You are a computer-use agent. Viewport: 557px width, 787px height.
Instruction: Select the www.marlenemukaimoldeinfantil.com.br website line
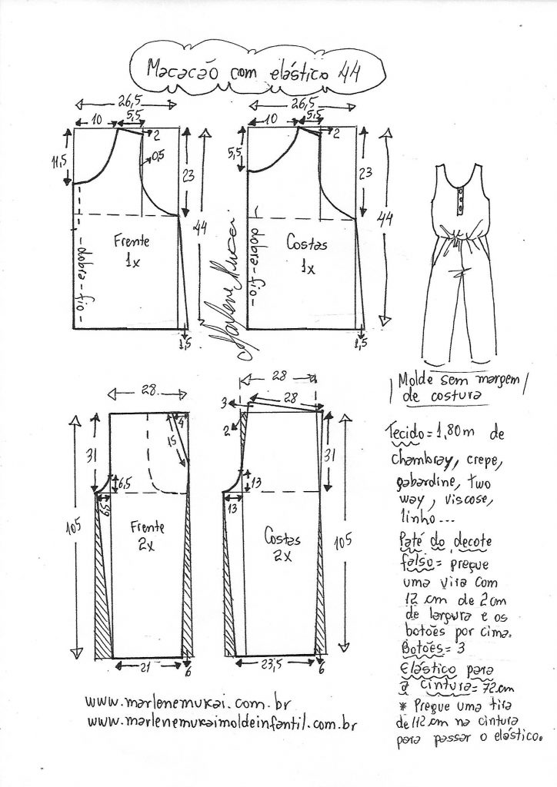coord(223,722)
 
